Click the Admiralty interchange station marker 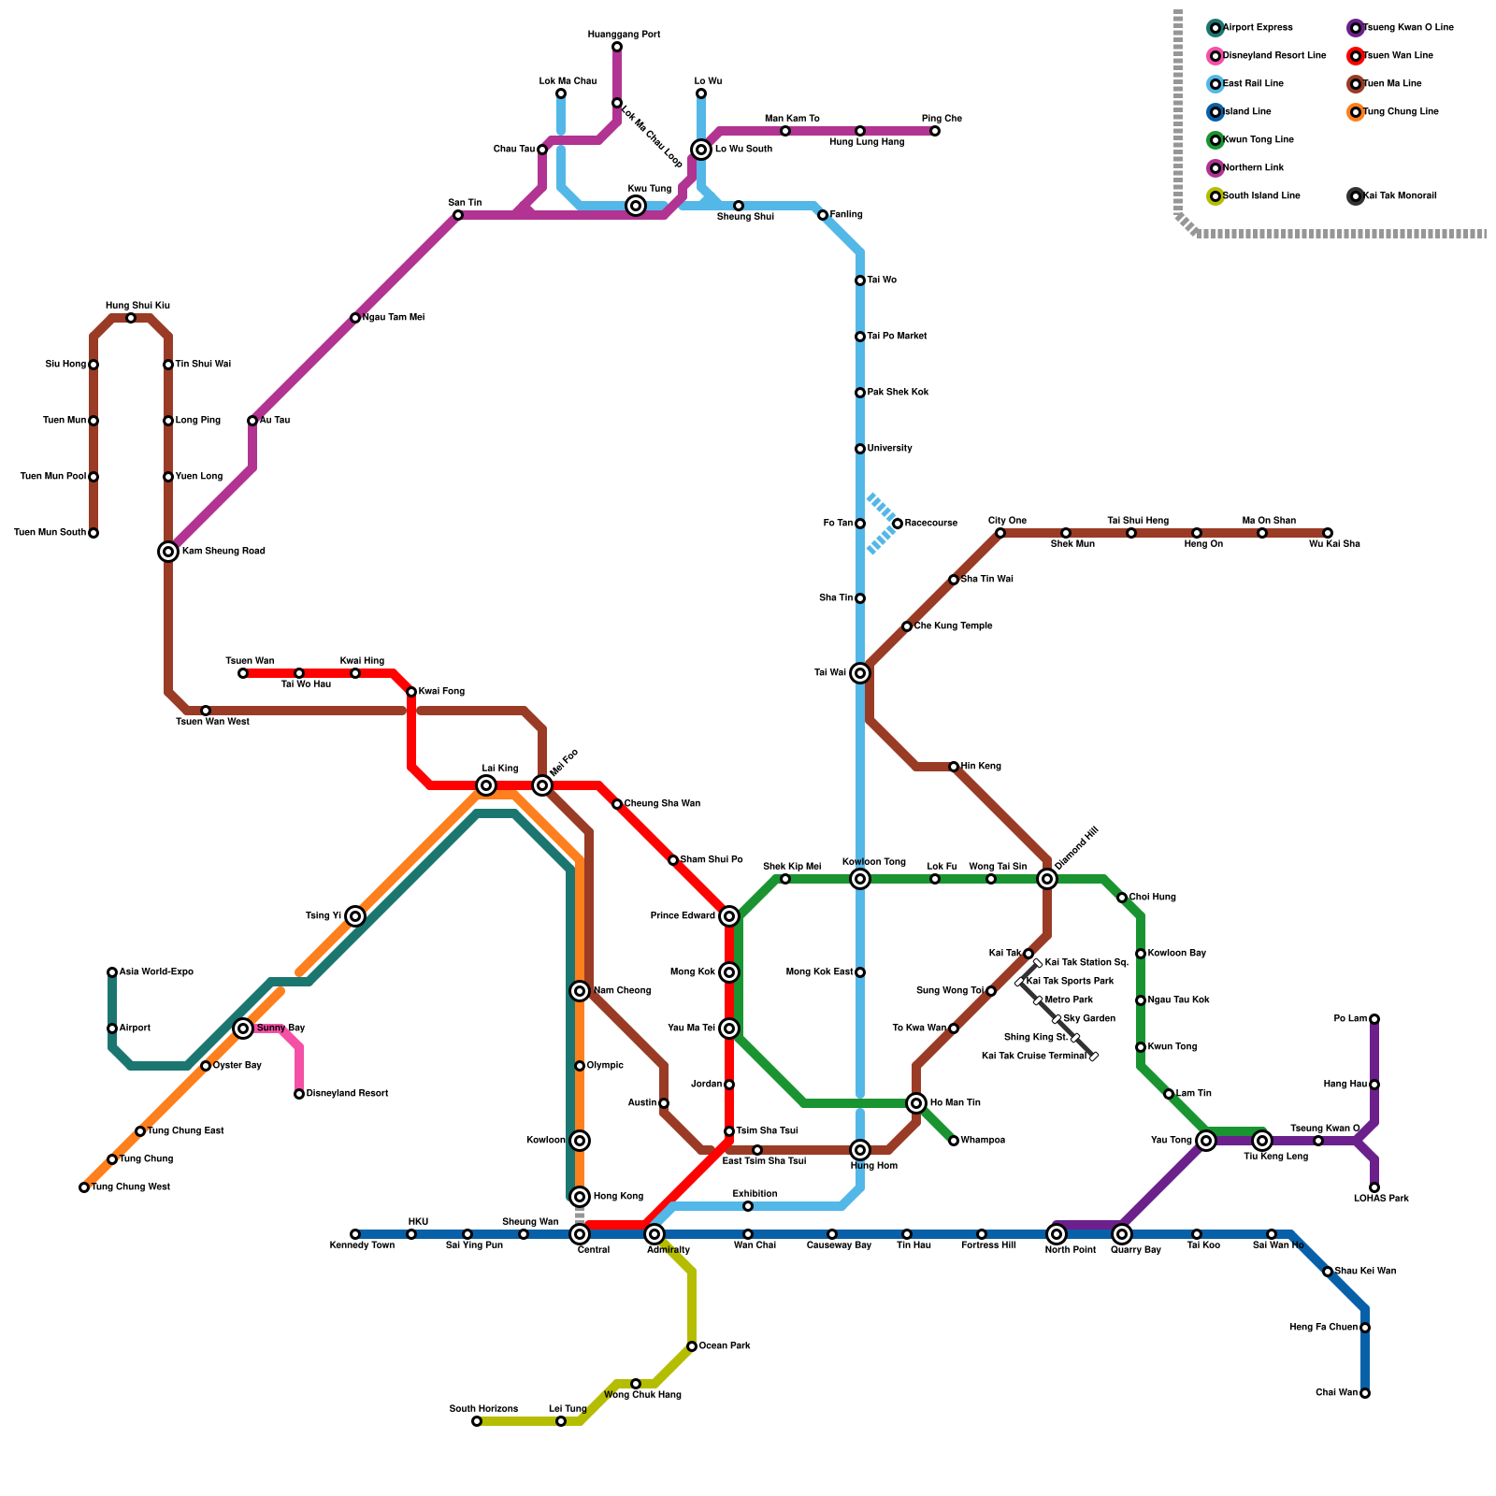(x=654, y=1234)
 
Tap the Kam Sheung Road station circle (x=168, y=552)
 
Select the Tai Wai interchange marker (x=860, y=673)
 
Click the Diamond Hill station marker (x=1047, y=879)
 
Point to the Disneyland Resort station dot (x=299, y=1094)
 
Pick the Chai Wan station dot (x=1365, y=1393)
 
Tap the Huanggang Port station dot (x=617, y=47)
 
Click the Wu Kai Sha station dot (x=1328, y=533)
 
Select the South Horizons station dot (x=477, y=1421)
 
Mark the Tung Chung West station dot (x=84, y=1187)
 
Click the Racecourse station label (x=930, y=524)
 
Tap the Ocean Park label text (x=725, y=1346)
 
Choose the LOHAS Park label (x=1381, y=1199)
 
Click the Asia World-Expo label (x=156, y=972)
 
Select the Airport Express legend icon (x=1215, y=28)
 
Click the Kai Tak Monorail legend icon (x=1356, y=196)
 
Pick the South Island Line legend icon (x=1215, y=196)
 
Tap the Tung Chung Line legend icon (x=1356, y=112)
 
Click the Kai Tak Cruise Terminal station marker (x=1094, y=1057)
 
